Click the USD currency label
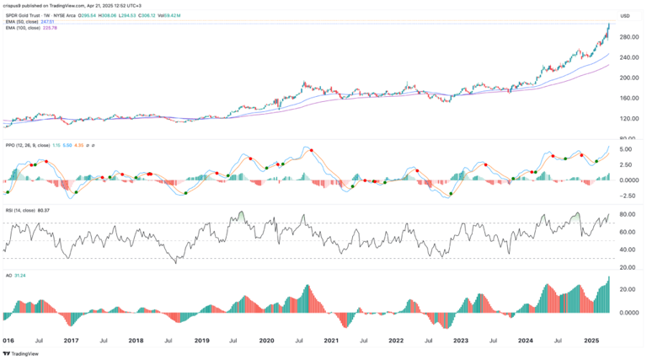point(625,15)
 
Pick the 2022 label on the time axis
point(396,341)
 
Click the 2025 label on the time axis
point(591,341)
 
